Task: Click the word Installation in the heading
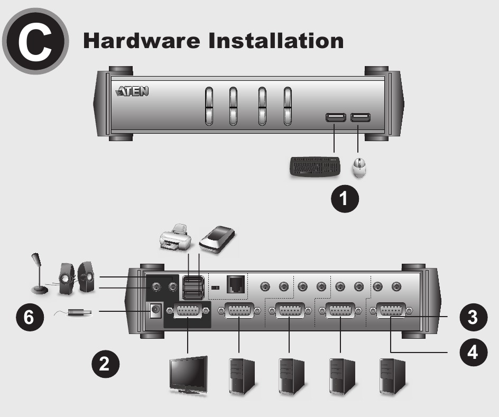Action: click(275, 41)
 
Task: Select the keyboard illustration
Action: click(315, 168)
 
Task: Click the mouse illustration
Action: click(361, 168)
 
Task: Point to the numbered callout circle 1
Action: click(344, 199)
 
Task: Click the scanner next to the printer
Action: click(218, 239)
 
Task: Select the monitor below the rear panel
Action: click(188, 375)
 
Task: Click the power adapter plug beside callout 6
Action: click(79, 312)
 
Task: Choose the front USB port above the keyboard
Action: click(336, 118)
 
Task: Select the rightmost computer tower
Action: click(393, 376)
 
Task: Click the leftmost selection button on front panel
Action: click(208, 106)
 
